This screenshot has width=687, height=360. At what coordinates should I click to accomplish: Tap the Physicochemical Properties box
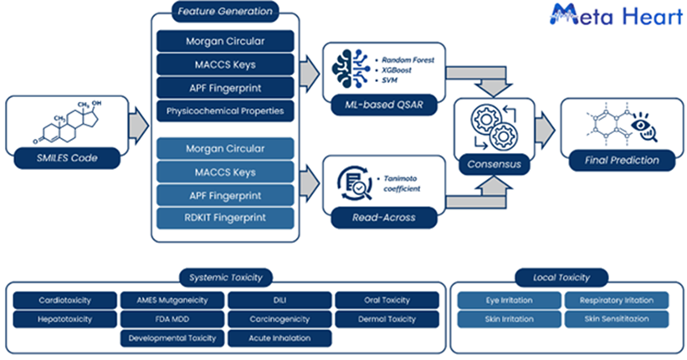(225, 111)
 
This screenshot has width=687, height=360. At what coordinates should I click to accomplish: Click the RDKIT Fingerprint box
(225, 218)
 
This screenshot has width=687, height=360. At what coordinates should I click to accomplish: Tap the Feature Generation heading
(225, 13)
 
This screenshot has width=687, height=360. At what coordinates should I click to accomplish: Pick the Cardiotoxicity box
(65, 300)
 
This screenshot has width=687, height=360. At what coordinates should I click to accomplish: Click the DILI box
(279, 300)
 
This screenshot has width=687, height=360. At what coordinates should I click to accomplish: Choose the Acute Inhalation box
(279, 338)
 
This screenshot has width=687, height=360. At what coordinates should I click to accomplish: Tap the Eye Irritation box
(509, 300)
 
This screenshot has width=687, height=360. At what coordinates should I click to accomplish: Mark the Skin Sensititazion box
(616, 319)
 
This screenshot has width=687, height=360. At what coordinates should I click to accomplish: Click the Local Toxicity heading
(561, 277)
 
